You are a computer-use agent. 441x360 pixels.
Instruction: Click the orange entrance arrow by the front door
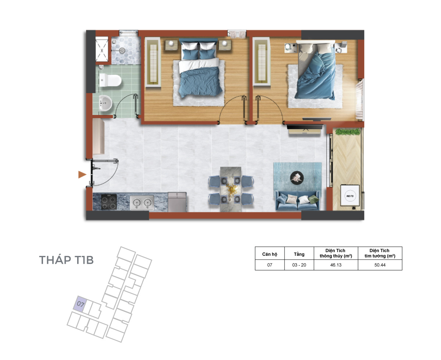coord(82,174)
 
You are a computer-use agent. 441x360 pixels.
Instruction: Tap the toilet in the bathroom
coord(110,80)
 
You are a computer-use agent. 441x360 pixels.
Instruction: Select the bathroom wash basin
coord(105,103)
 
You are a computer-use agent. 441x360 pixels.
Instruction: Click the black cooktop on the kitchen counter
coord(109,202)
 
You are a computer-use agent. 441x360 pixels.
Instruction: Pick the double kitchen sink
coord(142,202)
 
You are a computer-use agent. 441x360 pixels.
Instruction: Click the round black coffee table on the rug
coord(297,178)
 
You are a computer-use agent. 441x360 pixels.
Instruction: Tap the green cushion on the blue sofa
coord(313,199)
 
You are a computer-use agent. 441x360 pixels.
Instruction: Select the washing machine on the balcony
coord(350,195)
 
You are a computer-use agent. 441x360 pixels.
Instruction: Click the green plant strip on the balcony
coord(348,132)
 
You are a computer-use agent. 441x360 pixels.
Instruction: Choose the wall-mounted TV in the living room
coord(304,127)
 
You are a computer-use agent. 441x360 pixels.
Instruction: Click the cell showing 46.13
coord(336,265)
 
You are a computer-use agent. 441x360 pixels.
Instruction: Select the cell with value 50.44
coord(380,265)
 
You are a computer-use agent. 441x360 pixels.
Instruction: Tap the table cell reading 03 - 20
coord(299,265)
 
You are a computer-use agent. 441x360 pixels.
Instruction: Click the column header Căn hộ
coord(269,254)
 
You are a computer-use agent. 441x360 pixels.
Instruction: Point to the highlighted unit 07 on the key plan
coord(80,304)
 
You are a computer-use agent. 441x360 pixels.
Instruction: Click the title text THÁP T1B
coord(66,260)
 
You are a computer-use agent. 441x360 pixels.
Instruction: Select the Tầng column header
coord(299,254)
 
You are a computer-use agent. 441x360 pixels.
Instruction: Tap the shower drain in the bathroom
coord(122,50)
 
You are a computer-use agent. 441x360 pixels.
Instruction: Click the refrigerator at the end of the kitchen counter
coord(177,202)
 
